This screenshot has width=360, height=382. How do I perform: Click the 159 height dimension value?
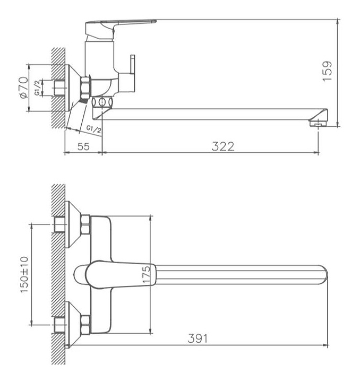point(327,71)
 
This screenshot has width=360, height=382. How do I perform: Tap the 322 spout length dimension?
point(223,146)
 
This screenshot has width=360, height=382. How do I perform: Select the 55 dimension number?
point(83,146)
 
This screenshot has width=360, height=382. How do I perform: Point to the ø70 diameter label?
point(24,88)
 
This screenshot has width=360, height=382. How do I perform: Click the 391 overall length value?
point(198,338)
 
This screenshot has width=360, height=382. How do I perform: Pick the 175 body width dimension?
point(146,275)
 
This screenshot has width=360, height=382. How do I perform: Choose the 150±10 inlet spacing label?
point(24,275)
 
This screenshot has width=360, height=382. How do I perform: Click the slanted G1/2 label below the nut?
point(94,129)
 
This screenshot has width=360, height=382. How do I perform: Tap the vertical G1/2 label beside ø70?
point(37,88)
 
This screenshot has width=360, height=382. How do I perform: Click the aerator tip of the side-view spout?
point(319,124)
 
